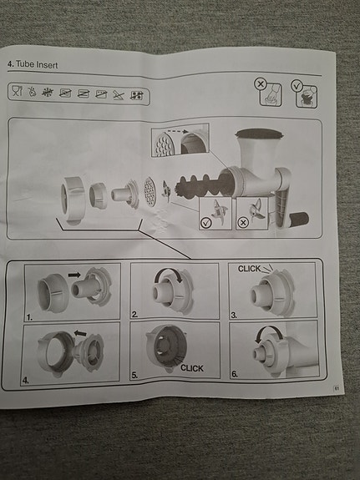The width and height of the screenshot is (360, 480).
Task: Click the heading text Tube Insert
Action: [37, 64]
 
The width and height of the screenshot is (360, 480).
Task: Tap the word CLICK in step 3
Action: [249, 269]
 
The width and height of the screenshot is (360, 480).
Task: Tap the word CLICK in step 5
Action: [192, 368]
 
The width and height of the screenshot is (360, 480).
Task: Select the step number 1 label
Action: [29, 317]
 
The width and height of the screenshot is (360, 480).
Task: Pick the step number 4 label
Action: [25, 381]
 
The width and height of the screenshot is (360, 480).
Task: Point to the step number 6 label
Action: [235, 374]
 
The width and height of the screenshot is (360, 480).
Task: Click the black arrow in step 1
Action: [74, 275]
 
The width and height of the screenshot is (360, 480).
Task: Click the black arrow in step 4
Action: [80, 333]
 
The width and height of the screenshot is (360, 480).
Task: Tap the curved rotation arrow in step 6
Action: [269, 330]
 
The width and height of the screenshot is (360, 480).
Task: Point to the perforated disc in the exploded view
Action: [150, 191]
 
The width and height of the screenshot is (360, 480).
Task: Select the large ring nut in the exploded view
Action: [73, 199]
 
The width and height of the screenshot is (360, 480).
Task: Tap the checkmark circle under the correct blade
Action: [205, 223]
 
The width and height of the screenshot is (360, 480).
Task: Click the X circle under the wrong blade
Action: [243, 223]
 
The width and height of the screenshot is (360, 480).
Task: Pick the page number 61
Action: [337, 388]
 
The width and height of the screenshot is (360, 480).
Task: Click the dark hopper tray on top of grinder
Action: [259, 134]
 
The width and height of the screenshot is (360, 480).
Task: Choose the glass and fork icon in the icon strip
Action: [17, 91]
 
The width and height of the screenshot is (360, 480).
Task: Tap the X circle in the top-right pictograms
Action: [261, 83]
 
